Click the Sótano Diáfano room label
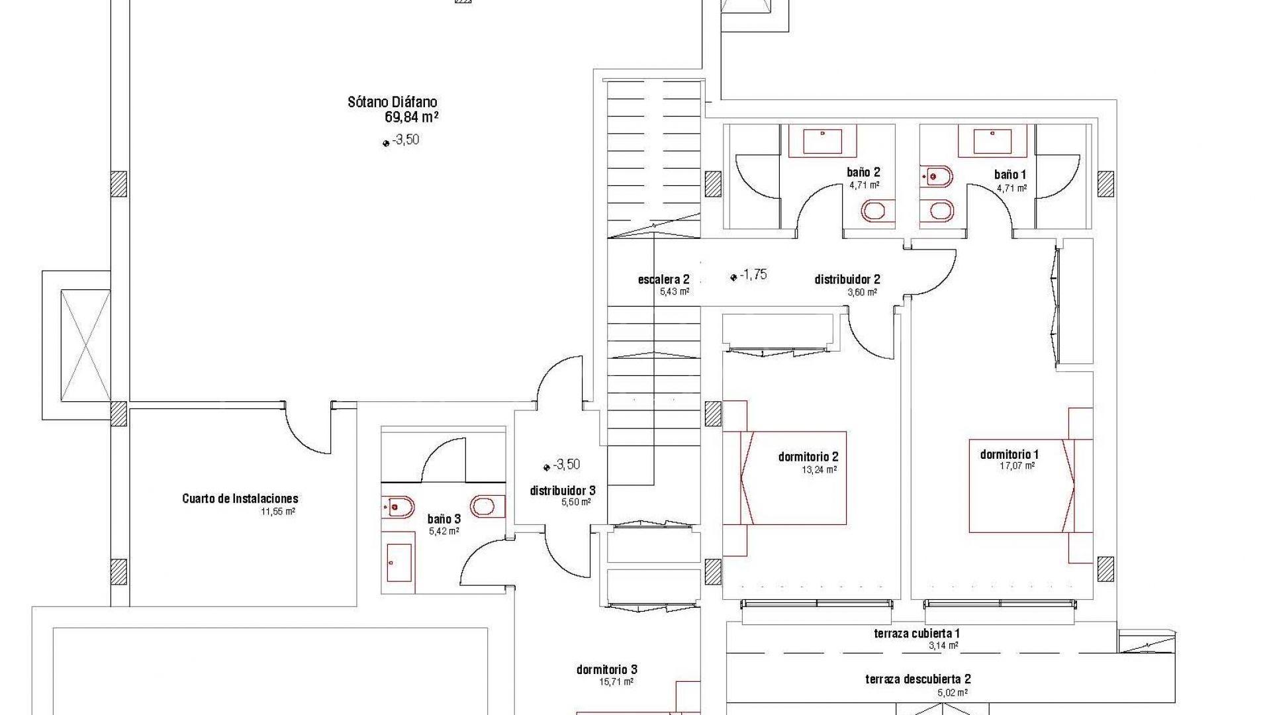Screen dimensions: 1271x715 tap(393, 103)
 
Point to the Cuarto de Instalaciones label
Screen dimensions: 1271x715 tap(240, 499)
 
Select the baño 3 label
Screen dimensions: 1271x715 tap(444, 520)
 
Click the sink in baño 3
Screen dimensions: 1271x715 tap(399, 563)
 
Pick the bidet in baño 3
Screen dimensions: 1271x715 tap(398, 506)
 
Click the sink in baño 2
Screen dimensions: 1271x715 tap(823, 142)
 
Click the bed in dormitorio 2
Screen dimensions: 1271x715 tap(784, 478)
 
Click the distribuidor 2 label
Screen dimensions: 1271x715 tap(847, 280)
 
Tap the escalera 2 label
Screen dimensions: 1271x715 tap(664, 280)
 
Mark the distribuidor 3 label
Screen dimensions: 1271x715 tap(563, 491)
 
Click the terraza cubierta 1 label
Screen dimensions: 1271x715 tap(918, 634)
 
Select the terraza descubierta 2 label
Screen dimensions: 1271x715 tap(918, 679)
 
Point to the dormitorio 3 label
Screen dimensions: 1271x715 tap(607, 670)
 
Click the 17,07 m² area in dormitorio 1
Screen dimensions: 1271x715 tap(1017, 466)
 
